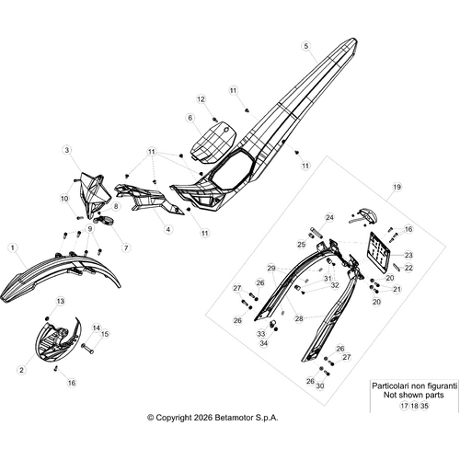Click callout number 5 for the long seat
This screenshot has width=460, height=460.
[306, 46]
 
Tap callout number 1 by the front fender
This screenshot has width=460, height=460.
[13, 247]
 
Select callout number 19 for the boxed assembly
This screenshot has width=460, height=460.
[397, 187]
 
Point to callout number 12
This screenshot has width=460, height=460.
[201, 99]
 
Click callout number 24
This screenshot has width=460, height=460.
[329, 218]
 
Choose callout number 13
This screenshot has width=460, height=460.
[61, 301]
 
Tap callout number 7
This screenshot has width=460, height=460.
[126, 247]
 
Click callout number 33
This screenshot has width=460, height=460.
[261, 333]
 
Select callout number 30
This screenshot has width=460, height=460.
[320, 385]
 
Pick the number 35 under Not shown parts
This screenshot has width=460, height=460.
[424, 406]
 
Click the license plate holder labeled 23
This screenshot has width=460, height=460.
[378, 253]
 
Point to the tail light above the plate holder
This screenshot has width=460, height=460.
[365, 214]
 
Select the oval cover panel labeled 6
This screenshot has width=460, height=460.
[213, 141]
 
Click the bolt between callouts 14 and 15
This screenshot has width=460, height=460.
[87, 349]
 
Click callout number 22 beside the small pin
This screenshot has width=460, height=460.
[408, 268]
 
